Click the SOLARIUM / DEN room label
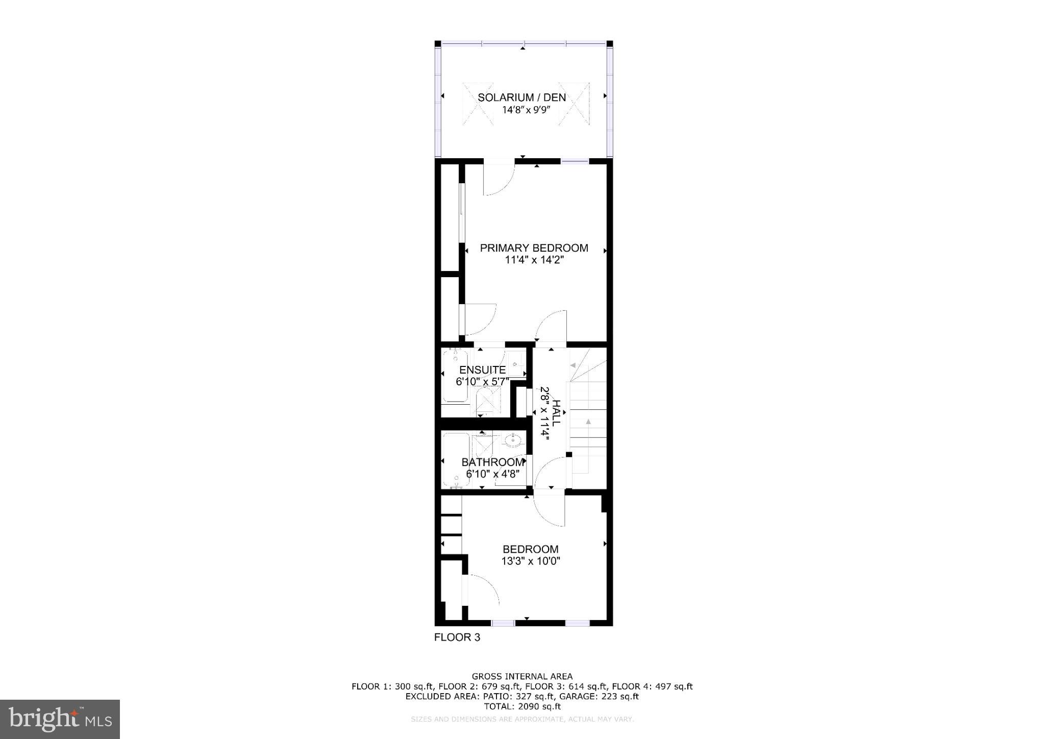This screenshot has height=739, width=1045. [521, 97]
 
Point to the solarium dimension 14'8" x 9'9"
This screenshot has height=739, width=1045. [521, 110]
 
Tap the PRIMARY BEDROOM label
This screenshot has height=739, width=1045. [534, 248]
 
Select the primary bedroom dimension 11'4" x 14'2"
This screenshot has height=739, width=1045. [534, 260]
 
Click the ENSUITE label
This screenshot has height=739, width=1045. [482, 370]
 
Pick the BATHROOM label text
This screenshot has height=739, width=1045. [492, 462]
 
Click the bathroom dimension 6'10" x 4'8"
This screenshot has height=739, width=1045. [492, 474]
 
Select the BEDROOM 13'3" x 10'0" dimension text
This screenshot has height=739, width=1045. [531, 561]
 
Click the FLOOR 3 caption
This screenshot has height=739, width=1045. [457, 637]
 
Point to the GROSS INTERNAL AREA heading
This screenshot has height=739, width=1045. [522, 677]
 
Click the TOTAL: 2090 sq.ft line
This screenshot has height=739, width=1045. [522, 707]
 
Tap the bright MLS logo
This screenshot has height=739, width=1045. [60, 719]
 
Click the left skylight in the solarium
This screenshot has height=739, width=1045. [478, 104]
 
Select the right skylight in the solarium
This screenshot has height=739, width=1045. [574, 104]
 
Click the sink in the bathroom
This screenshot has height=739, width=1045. [512, 439]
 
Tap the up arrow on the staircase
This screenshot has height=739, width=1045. [588, 422]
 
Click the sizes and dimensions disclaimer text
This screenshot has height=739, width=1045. [522, 720]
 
